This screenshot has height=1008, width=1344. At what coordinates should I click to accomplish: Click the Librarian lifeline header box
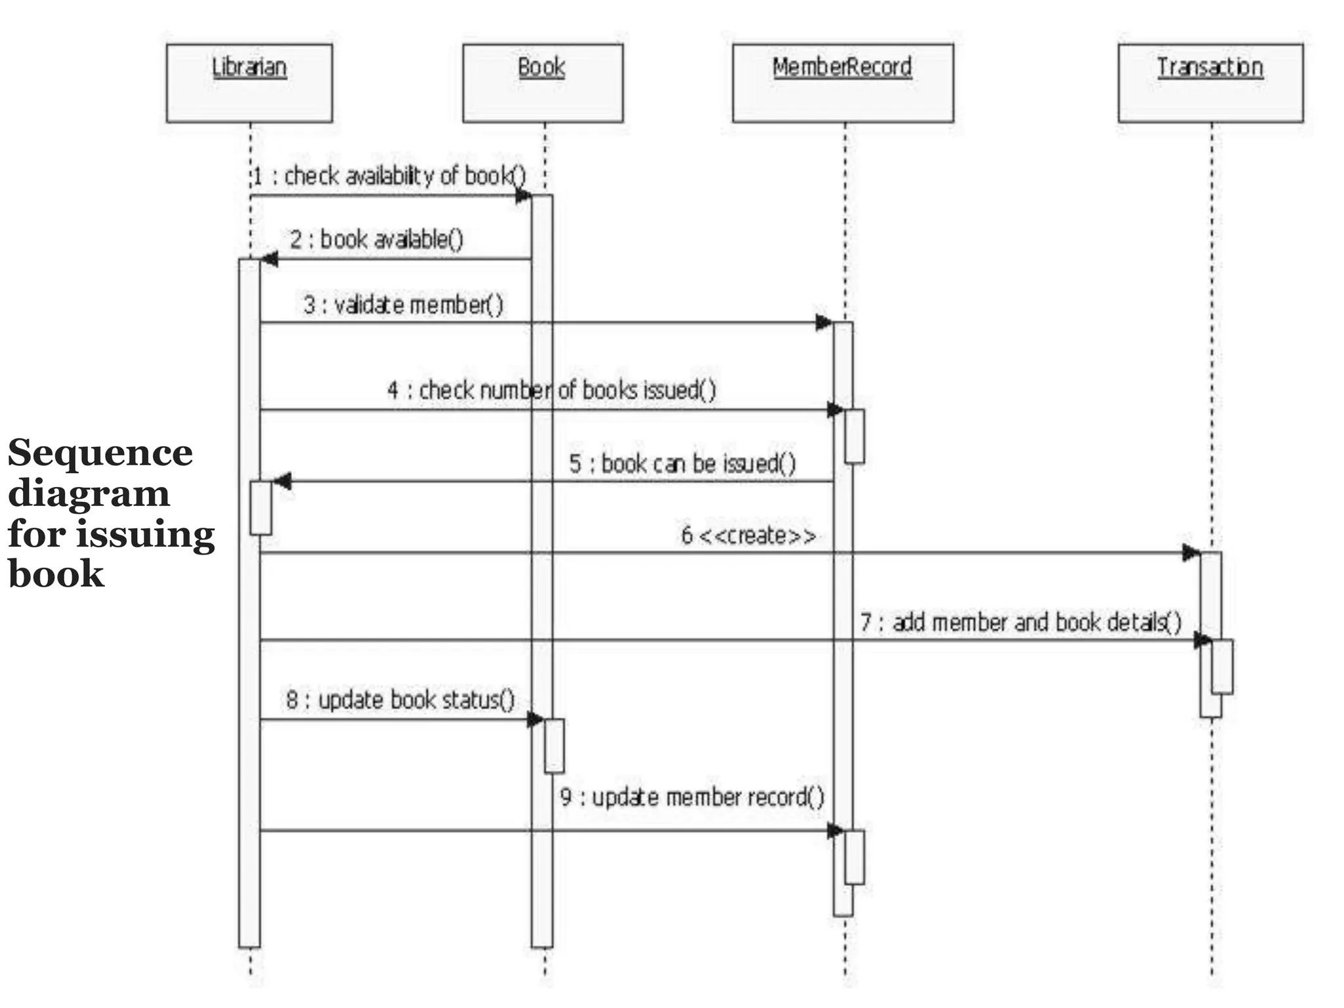249,83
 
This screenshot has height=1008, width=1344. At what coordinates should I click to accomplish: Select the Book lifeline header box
543,83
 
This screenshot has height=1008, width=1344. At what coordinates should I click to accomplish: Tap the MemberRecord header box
843,83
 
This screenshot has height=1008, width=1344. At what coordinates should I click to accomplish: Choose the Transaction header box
1210,83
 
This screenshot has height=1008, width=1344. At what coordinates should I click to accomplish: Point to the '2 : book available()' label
377,240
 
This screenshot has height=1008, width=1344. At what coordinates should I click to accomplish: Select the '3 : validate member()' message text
403,305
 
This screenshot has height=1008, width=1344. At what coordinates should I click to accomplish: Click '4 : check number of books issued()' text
551,390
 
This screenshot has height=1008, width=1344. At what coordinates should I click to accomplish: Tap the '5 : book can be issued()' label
682,464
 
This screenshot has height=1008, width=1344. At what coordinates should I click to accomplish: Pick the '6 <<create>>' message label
748,536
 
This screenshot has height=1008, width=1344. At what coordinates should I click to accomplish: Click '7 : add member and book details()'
1020,622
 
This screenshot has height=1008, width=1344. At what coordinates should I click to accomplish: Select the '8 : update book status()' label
400,700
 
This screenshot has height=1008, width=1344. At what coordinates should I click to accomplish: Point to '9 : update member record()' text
692,797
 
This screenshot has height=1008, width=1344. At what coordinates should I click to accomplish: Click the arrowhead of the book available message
270,260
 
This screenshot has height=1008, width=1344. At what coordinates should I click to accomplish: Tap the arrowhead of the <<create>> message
1191,553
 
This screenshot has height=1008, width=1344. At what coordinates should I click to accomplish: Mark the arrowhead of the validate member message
824,323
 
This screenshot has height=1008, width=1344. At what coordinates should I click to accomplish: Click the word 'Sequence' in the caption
100,453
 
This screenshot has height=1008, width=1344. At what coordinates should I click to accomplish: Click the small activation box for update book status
554,746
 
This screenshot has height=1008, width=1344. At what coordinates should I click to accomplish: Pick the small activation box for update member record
854,858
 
